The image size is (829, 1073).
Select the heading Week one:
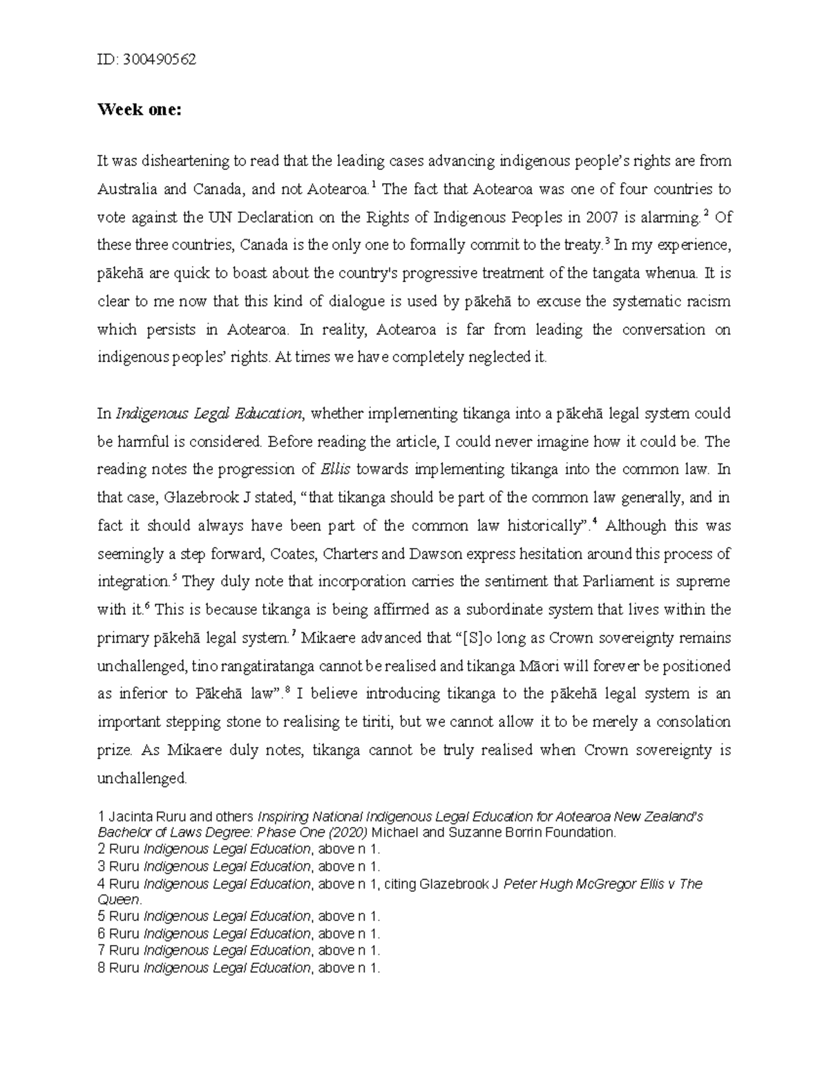click(x=139, y=110)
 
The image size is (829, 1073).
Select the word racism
click(x=707, y=302)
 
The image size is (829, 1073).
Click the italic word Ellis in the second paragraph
click(x=336, y=470)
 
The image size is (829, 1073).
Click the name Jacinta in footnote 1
click(x=131, y=817)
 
